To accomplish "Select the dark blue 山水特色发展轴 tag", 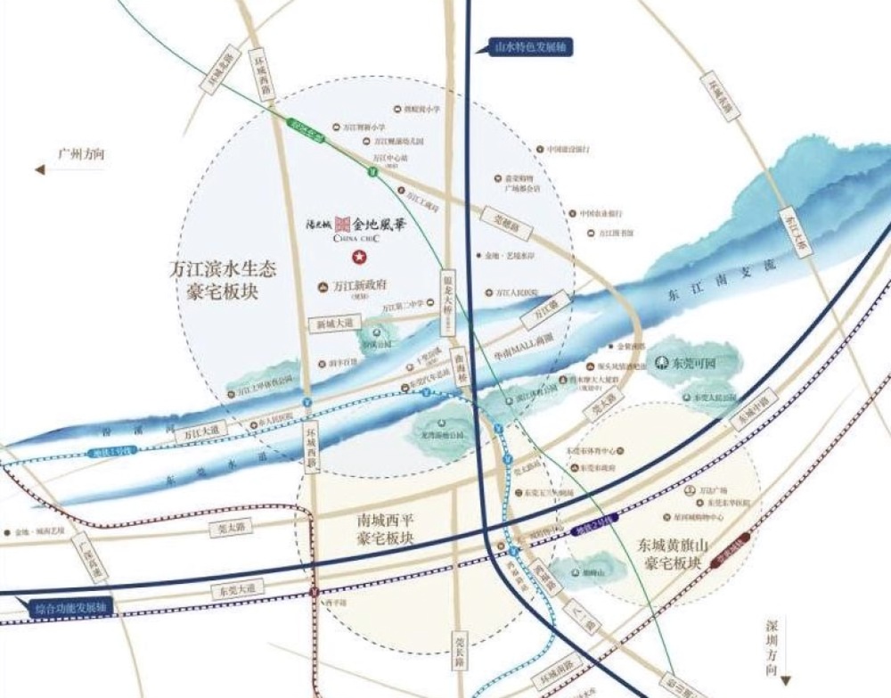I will coord(523,47).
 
